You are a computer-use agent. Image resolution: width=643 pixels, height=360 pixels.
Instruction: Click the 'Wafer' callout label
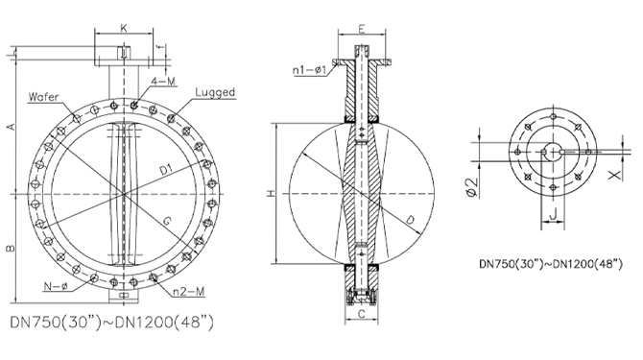coord(44,97)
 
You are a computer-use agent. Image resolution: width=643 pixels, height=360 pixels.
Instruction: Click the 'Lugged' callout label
coord(215,92)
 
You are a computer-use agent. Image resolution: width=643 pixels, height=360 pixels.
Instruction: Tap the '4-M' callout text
coord(163,82)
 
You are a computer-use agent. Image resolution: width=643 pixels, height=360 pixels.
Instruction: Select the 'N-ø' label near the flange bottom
coord(56,286)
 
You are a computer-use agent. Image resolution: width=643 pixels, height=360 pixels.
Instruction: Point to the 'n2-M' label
coord(189,292)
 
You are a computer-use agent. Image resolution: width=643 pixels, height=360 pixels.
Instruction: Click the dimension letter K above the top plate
coord(124,28)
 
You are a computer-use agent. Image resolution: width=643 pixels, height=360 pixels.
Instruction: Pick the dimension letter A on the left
coord(12,127)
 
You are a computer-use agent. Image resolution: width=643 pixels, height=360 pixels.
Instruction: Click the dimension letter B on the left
coord(12,248)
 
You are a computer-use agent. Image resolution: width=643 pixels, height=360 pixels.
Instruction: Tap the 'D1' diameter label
coord(166,169)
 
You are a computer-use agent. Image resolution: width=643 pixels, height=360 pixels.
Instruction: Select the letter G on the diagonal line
coord(167,221)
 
